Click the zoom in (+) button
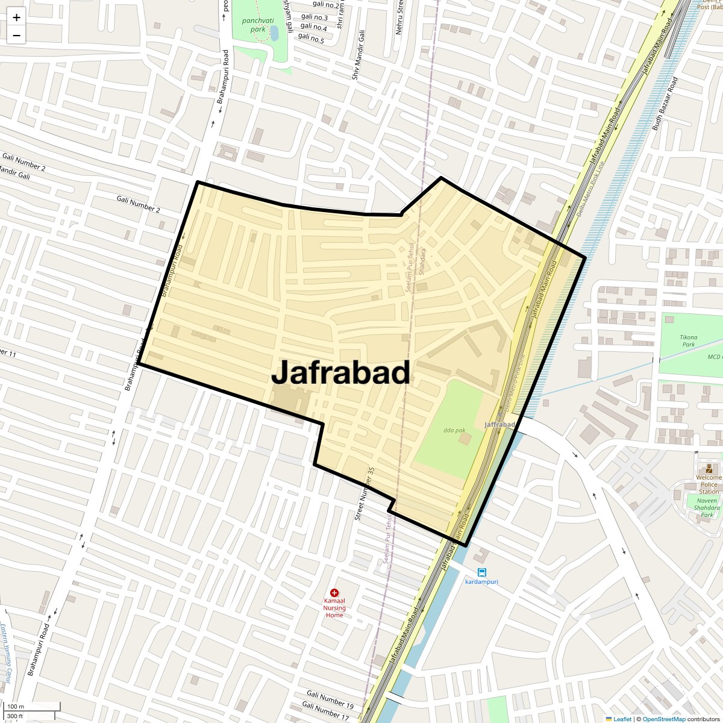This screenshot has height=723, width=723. (x=16, y=17)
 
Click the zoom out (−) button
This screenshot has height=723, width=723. (x=16, y=36)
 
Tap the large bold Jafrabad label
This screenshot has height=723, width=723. (x=341, y=372)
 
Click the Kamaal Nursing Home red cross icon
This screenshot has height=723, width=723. (x=334, y=593)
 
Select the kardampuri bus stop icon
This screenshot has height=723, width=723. (x=481, y=572)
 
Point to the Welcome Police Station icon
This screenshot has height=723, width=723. (x=709, y=469)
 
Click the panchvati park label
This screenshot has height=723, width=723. (x=258, y=25)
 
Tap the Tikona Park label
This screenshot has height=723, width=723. (x=689, y=341)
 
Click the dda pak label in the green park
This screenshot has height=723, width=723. (x=454, y=430)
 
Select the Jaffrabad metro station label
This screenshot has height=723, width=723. (x=499, y=425)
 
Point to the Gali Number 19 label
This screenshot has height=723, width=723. (x=330, y=699)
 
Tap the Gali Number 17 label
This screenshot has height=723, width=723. (x=325, y=712)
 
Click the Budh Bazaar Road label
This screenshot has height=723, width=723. (x=665, y=104)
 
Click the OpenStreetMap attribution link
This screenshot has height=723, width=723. (x=664, y=719)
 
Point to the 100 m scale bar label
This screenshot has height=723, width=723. (x=16, y=707)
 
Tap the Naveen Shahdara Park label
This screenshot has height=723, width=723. (x=707, y=507)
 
